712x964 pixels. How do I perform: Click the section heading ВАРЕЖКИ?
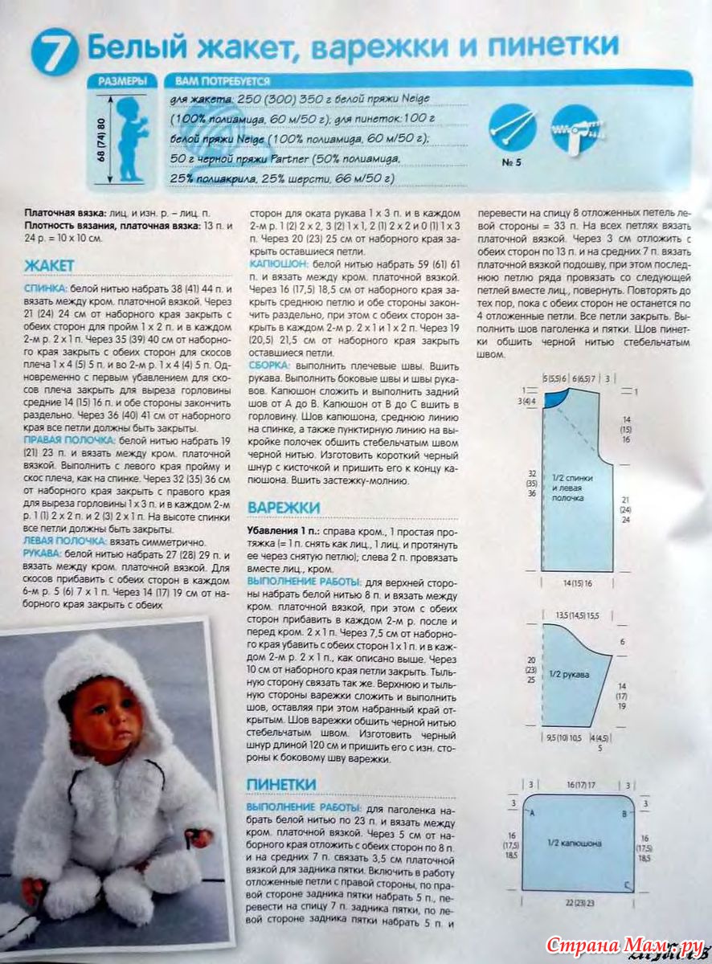(x=284, y=508)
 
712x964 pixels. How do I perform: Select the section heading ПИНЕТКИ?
(x=281, y=783)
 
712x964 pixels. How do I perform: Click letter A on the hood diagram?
(x=531, y=813)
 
